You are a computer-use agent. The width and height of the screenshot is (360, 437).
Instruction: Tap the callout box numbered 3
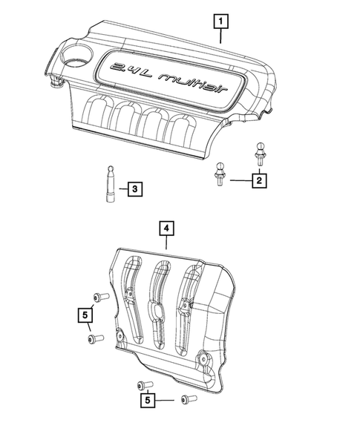134,190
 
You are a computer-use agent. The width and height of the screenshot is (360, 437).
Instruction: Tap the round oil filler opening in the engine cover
78,57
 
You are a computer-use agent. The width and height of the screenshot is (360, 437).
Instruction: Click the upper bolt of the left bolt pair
100,296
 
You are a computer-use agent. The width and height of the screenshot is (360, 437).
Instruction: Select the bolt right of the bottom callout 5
188,400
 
